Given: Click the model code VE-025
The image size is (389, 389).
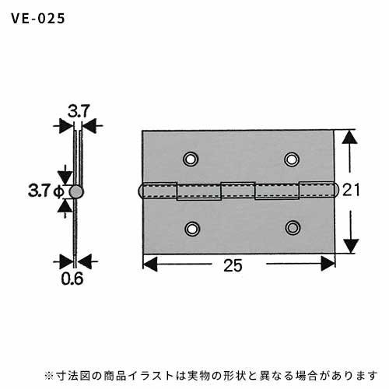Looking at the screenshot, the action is [x=38, y=19].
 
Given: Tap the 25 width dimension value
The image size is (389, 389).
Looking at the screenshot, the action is [x=233, y=265].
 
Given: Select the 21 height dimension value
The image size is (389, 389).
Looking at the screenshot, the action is [x=351, y=190].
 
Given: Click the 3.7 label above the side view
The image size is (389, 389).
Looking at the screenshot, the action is [x=79, y=111].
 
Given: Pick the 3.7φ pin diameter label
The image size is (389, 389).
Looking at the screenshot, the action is [x=46, y=191].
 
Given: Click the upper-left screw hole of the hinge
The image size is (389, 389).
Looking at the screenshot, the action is [x=191, y=159].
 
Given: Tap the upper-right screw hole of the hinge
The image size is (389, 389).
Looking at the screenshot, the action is [x=292, y=159].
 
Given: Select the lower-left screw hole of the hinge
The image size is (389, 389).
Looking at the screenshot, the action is [x=192, y=229].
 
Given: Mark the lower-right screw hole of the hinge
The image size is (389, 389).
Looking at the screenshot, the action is [x=293, y=228].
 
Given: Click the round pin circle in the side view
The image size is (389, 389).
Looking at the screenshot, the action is [x=76, y=192].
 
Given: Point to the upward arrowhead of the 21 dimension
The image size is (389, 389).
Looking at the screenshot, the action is [x=349, y=137].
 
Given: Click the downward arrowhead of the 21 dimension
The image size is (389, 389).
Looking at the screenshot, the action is [x=351, y=246].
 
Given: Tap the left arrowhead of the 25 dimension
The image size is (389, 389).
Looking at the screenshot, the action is [x=150, y=264].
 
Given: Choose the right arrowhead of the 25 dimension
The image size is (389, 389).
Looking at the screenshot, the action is [x=328, y=264].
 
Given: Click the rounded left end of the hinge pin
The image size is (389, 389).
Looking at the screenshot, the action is [x=140, y=191].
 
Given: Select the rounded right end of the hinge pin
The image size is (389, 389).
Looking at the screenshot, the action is [x=336, y=189].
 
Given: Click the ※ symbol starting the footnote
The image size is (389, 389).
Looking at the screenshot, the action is [x=48, y=376].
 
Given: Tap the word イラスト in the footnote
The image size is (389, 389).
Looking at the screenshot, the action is [x=151, y=376].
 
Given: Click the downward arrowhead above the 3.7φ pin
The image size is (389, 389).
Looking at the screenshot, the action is [x=65, y=177].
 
